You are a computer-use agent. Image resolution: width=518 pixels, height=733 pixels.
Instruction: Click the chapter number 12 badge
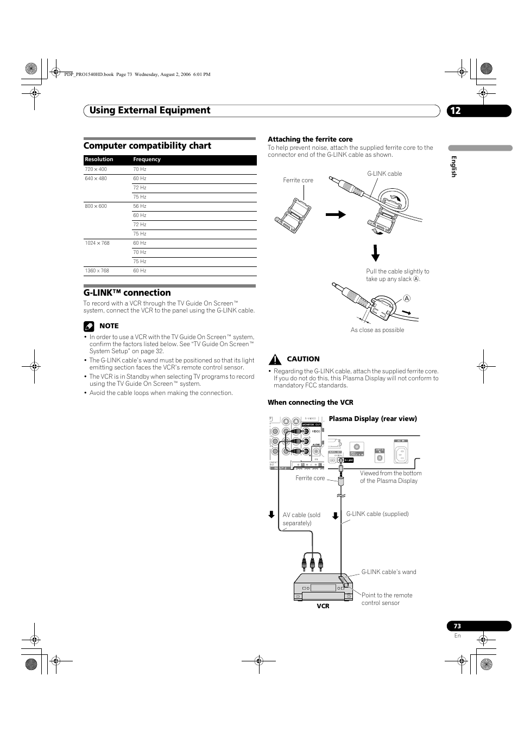tap(455, 111)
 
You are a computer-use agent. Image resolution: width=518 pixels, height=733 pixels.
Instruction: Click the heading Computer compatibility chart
tap(147, 145)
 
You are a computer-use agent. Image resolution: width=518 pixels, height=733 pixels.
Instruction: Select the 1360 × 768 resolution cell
tap(97, 271)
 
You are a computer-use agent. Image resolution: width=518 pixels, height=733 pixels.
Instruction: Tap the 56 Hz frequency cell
tap(140, 206)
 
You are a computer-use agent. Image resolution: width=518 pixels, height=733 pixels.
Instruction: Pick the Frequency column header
tap(147, 160)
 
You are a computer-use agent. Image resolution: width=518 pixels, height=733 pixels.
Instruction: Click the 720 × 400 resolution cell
tap(96, 169)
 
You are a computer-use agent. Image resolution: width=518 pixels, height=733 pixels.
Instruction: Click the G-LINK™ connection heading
tap(127, 293)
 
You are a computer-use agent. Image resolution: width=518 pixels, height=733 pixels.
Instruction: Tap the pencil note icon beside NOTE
tap(89, 326)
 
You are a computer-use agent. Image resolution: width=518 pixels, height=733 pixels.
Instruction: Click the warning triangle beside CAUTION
tap(275, 359)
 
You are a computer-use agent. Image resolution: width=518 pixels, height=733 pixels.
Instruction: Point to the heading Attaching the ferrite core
tap(310, 139)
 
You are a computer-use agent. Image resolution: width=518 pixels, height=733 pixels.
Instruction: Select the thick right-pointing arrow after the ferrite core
tap(336, 215)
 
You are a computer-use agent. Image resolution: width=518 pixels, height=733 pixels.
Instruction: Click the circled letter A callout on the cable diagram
tap(407, 299)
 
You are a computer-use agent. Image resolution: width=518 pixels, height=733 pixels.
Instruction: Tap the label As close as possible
tap(377, 330)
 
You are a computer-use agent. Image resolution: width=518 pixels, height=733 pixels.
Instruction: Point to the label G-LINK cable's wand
tap(389, 572)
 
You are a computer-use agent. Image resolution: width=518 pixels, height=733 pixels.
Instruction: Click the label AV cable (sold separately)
tap(301, 519)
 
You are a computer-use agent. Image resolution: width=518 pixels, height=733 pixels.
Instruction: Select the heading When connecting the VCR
tap(310, 403)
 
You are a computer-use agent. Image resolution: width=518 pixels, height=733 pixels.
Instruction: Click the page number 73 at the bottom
tap(457, 626)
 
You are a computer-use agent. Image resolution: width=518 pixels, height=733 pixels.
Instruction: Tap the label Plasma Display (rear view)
tap(372, 419)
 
